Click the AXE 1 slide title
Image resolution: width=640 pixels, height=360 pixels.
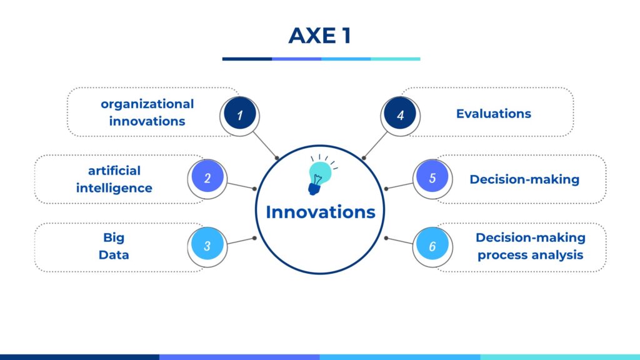click(319, 36)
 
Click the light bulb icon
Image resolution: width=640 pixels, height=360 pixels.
click(322, 175)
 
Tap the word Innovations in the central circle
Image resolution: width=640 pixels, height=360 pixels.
click(321, 212)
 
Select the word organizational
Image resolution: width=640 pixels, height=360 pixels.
click(147, 104)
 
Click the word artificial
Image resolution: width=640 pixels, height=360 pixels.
click(114, 171)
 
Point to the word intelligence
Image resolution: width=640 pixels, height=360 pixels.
click(114, 188)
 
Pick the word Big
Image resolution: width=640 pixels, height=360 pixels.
click(114, 238)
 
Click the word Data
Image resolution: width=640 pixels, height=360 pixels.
click(114, 255)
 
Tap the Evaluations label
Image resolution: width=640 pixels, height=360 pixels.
click(494, 114)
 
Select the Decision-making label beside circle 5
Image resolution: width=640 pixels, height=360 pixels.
click(524, 179)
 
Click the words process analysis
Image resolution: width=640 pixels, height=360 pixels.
click(531, 255)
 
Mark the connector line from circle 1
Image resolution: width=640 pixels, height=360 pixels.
click(265, 145)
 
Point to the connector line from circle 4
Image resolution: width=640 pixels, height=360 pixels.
click(376, 145)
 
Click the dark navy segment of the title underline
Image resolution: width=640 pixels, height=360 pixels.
click(247, 59)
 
